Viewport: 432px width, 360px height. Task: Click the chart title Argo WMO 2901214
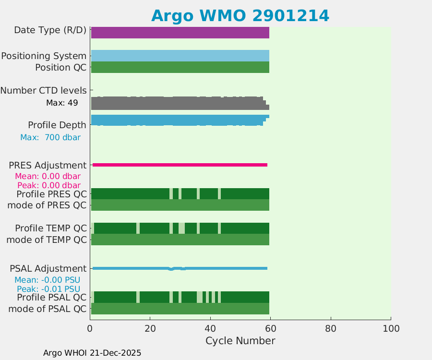click(240, 16)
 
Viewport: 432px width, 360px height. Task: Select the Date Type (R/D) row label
click(50, 30)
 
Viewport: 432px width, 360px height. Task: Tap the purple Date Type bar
click(180, 33)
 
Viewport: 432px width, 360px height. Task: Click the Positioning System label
click(44, 56)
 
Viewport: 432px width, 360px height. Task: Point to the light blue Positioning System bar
click(180, 56)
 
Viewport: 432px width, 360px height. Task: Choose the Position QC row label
click(60, 67)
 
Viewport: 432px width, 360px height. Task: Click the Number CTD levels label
click(43, 90)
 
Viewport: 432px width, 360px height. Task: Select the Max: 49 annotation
click(61, 103)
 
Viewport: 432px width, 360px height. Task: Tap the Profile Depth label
click(57, 125)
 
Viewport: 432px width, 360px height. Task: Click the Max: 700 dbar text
click(50, 137)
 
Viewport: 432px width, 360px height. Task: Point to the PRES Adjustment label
click(48, 165)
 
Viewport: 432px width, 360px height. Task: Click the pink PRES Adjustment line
click(180, 165)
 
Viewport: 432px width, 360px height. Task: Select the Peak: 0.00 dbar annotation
click(48, 185)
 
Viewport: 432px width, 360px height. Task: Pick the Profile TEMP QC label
click(51, 228)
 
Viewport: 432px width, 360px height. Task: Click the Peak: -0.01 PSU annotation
click(48, 289)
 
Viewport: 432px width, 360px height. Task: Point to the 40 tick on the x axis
click(210, 328)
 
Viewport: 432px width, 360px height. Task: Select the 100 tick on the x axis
click(391, 328)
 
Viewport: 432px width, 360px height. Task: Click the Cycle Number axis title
click(240, 341)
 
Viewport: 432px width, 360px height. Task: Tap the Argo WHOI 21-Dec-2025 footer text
click(92, 353)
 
